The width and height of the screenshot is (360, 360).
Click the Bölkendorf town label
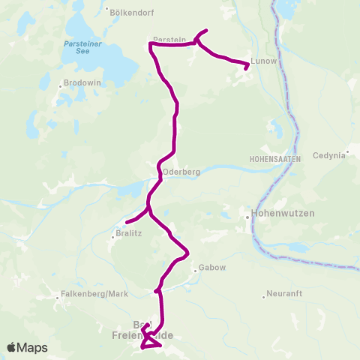tap(131, 12)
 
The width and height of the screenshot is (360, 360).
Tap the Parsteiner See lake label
tap(77, 48)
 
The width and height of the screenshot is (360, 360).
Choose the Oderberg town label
tap(181, 171)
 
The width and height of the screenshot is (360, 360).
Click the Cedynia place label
tap(330, 155)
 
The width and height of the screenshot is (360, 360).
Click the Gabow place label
tap(210, 268)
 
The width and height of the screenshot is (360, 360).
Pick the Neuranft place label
tap(284, 293)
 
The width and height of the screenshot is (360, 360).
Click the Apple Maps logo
tap(27, 347)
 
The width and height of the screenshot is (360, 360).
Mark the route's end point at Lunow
tap(247, 69)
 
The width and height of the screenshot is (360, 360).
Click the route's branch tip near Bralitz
tap(126, 222)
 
